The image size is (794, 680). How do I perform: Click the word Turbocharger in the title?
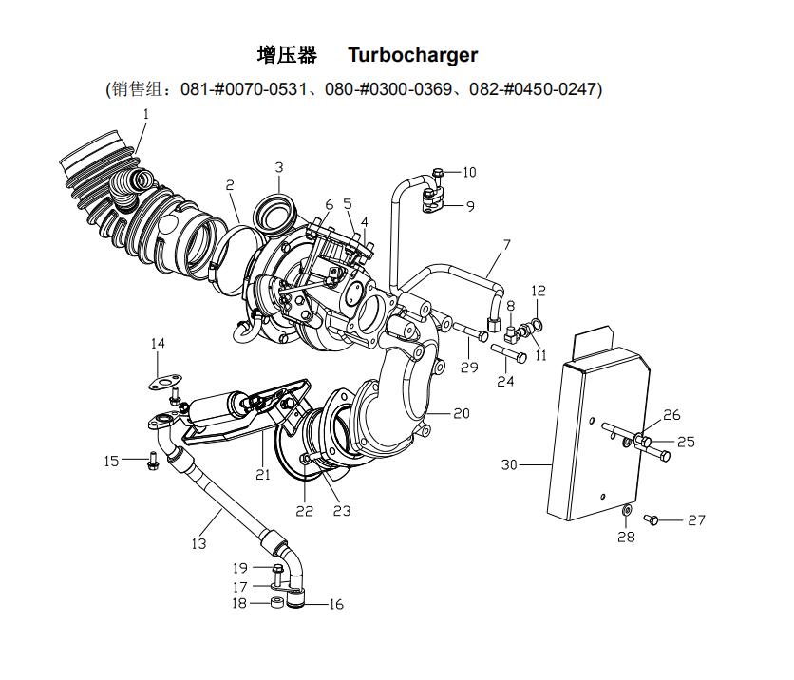(x=412, y=55)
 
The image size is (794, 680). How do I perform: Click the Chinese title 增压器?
(x=287, y=55)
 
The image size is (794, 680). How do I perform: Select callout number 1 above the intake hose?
(x=146, y=114)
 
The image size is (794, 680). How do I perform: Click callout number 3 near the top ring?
(x=279, y=168)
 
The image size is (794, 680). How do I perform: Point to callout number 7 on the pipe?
(x=507, y=245)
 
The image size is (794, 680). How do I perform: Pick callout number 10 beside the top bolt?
(x=469, y=173)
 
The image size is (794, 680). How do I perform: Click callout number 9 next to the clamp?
(x=470, y=205)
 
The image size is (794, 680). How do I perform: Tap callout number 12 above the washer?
(x=539, y=291)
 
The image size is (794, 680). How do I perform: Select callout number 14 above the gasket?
(x=159, y=343)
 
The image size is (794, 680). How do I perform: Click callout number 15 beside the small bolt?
(x=112, y=461)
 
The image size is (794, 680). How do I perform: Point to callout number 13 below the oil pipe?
(x=198, y=543)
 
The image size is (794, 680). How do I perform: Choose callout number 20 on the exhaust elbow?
(x=462, y=413)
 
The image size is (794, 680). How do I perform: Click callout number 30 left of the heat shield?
(x=509, y=464)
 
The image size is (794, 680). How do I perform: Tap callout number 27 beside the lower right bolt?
(x=697, y=520)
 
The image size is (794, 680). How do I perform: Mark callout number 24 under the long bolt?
(x=505, y=381)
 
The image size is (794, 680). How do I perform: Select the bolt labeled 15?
(x=152, y=461)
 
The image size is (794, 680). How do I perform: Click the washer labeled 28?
(x=626, y=514)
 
